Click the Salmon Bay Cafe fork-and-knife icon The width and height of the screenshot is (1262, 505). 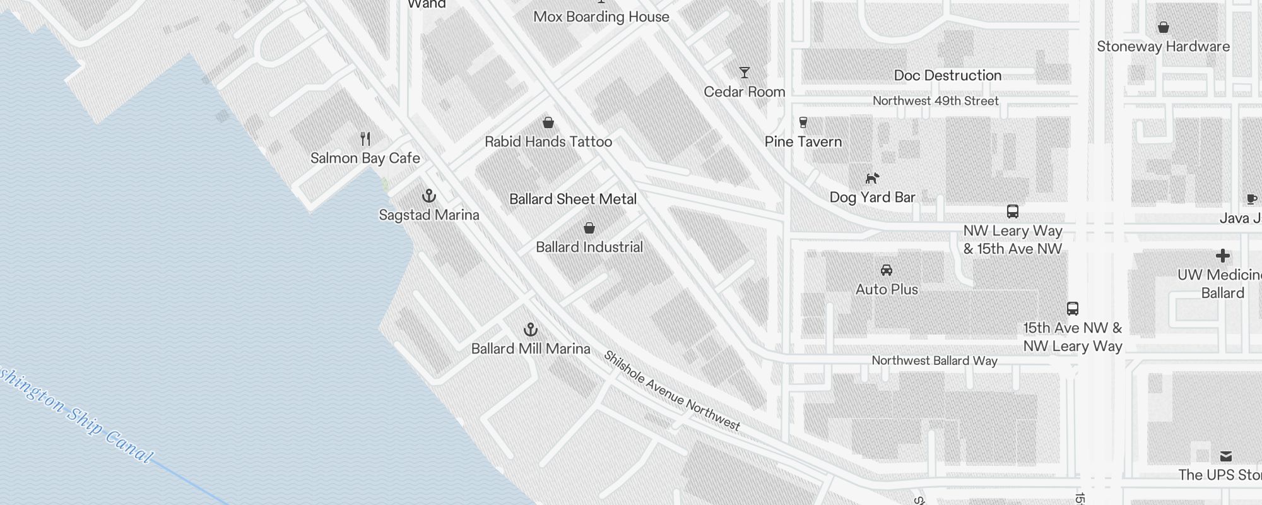pyautogui.click(x=365, y=138)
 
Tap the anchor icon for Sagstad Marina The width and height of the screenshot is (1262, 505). pyautogui.click(x=429, y=196)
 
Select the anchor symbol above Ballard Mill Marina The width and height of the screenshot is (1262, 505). pyautogui.click(x=531, y=330)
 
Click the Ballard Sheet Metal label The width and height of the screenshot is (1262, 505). pyautogui.click(x=573, y=199)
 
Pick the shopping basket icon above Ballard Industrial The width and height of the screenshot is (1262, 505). pyautogui.click(x=589, y=228)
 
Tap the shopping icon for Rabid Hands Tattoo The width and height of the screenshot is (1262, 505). pyautogui.click(x=548, y=122)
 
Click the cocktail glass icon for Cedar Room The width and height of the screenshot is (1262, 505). pyautogui.click(x=745, y=73)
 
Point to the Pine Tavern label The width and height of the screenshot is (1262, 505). pyautogui.click(x=803, y=142)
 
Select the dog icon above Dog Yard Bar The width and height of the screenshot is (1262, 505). pyautogui.click(x=872, y=179)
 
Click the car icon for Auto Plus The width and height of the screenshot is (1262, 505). pyautogui.click(x=887, y=270)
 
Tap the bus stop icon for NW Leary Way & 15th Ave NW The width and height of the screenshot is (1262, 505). pyautogui.click(x=1013, y=211)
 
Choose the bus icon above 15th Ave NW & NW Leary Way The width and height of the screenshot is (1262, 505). pyautogui.click(x=1073, y=309)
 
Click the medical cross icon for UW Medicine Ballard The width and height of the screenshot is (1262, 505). pyautogui.click(x=1223, y=256)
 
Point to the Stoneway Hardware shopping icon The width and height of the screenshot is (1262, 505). pyautogui.click(x=1164, y=27)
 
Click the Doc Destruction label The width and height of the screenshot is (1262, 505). pyautogui.click(x=948, y=76)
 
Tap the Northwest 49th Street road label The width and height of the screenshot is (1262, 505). pyautogui.click(x=936, y=101)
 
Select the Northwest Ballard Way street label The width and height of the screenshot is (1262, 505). pyautogui.click(x=935, y=360)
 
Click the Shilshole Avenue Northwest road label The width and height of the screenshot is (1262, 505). pyautogui.click(x=672, y=391)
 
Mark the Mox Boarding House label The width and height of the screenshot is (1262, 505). pyautogui.click(x=601, y=17)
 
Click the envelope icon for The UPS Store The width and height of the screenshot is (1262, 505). pyautogui.click(x=1226, y=456)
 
